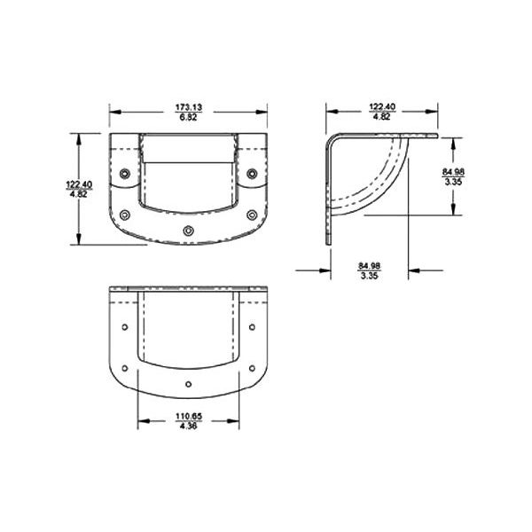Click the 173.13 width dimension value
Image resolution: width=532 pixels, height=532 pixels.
pos(189,107)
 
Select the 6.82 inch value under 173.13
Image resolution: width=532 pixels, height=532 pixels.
pos(189,117)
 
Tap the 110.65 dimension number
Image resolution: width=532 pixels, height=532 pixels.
pos(188,416)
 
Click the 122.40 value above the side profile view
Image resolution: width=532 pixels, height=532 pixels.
pos(381,107)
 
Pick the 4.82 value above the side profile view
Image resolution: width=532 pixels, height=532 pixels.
pos(381,117)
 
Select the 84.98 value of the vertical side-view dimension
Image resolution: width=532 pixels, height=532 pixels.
pos(452,170)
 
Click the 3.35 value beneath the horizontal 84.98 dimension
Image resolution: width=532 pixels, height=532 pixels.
pos(370,276)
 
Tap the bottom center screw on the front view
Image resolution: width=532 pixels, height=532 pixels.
pos(187,231)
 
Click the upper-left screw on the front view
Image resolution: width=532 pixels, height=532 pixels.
pos(125,172)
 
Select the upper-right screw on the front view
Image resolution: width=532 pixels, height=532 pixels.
pos(252,172)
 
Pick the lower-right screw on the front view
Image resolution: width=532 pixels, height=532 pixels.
pos(252,214)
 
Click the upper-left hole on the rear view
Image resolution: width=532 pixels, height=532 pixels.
pos(124,327)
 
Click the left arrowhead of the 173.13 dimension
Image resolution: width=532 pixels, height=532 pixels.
pos(113,112)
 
